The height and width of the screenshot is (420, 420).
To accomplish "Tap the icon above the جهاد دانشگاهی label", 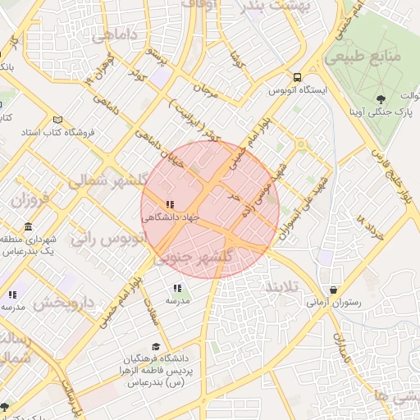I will coord(169,205).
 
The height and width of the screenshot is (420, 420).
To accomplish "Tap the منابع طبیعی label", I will coord(372,57).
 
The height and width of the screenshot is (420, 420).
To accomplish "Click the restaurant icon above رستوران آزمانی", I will coord(334,290).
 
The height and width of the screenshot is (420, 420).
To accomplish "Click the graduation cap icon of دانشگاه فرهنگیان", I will coord(156,347).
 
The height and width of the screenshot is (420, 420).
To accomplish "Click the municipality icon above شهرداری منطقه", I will coord(29,226).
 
